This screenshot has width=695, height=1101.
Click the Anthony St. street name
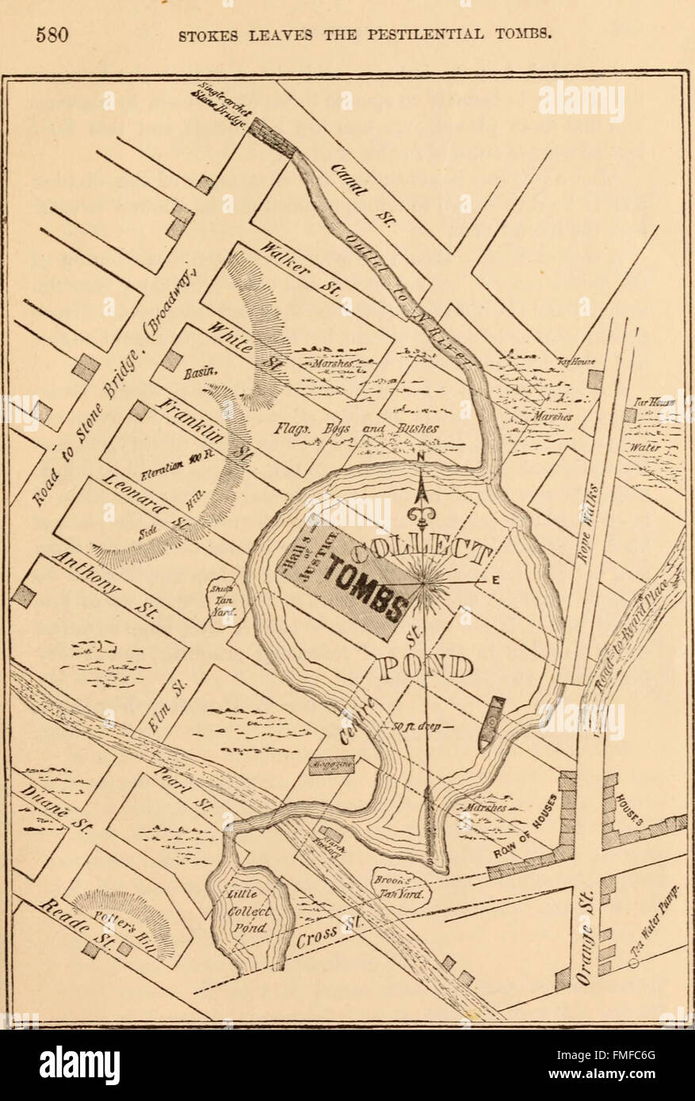coord(104,584)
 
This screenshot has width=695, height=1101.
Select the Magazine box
coord(331,764)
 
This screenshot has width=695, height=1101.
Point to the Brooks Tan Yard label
coord(401,888)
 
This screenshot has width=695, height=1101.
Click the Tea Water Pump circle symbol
coord(634,963)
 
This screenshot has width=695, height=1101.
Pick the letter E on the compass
coord(495,580)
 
